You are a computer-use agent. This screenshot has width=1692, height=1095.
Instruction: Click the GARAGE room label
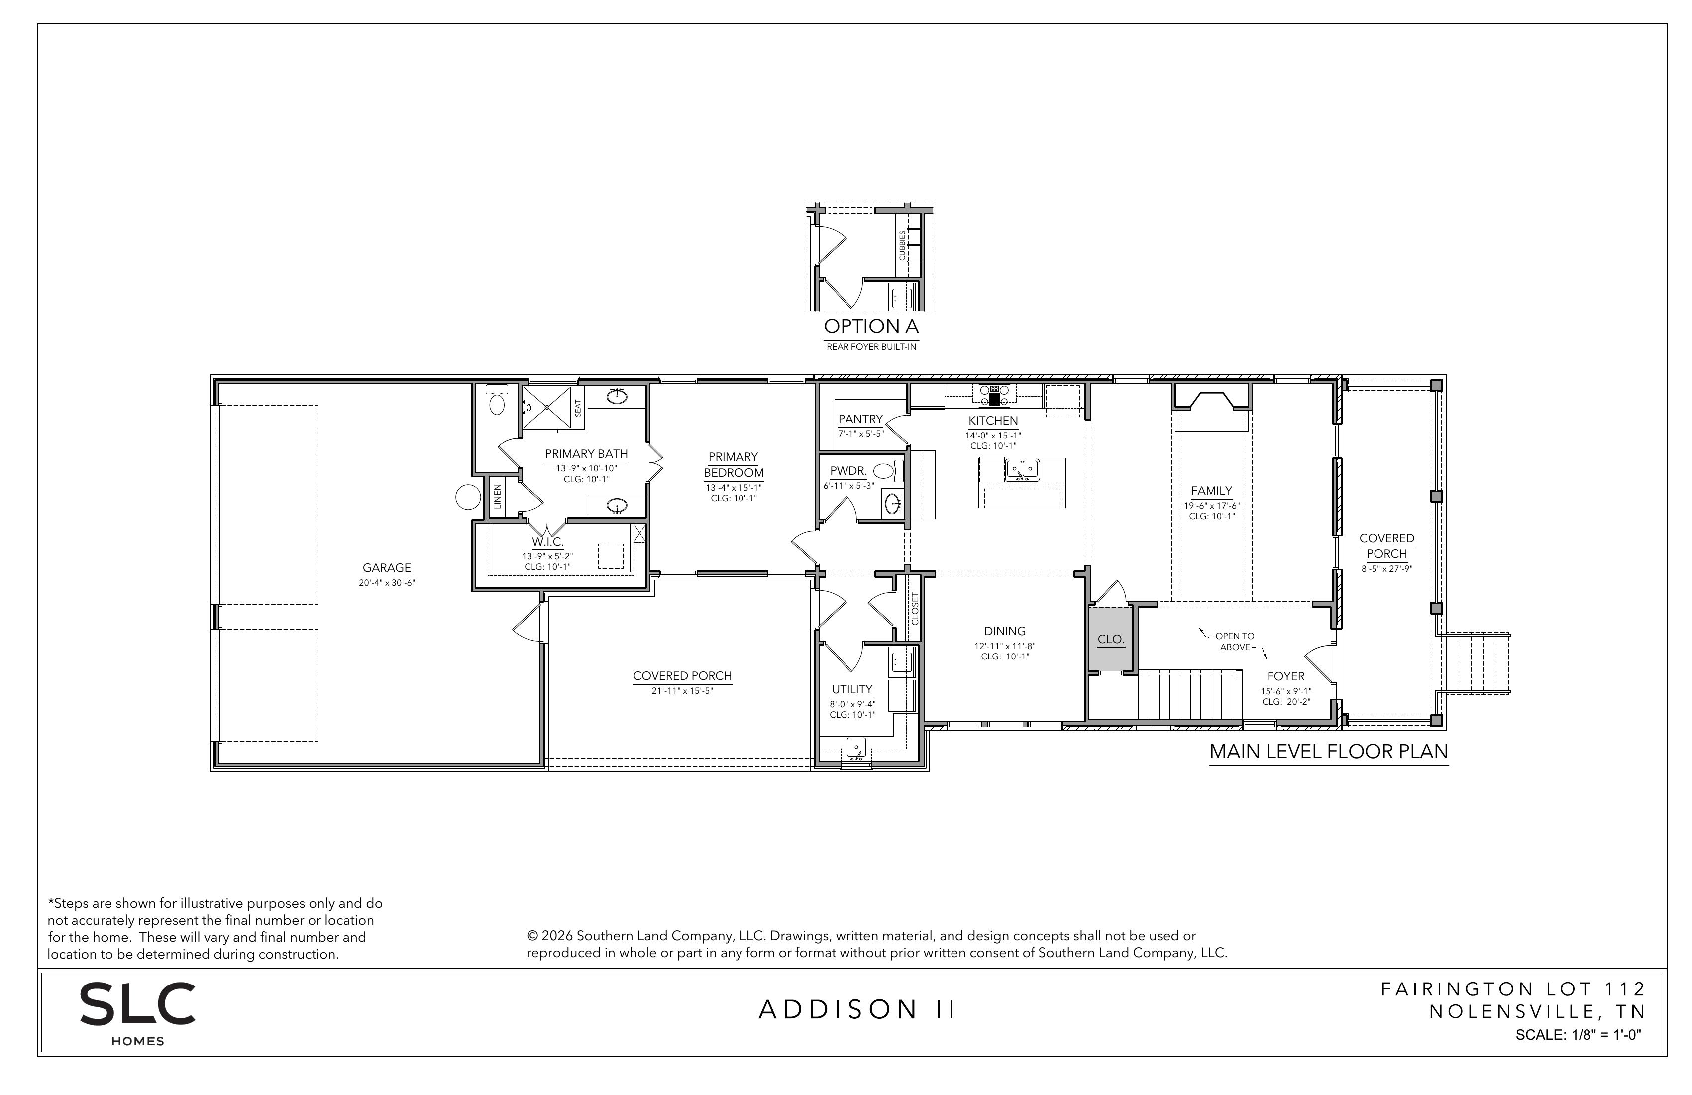click(387, 568)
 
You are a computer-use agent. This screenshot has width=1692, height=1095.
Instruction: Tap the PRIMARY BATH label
click(587, 453)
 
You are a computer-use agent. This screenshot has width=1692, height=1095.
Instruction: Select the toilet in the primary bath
click(497, 400)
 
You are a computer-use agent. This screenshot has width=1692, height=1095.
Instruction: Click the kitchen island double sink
click(1022, 470)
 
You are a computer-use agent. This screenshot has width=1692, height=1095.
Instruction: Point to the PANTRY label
click(860, 420)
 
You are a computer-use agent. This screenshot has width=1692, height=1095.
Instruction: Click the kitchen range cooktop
click(994, 395)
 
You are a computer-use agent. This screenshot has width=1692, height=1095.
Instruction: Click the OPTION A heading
click(871, 327)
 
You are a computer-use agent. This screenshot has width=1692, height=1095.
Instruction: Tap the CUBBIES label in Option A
click(902, 245)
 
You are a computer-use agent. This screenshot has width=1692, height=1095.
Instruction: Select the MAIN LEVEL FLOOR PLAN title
click(1329, 752)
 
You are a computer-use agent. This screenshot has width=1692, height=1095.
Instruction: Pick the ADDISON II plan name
click(857, 1010)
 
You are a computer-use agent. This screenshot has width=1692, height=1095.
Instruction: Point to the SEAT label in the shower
click(578, 408)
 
